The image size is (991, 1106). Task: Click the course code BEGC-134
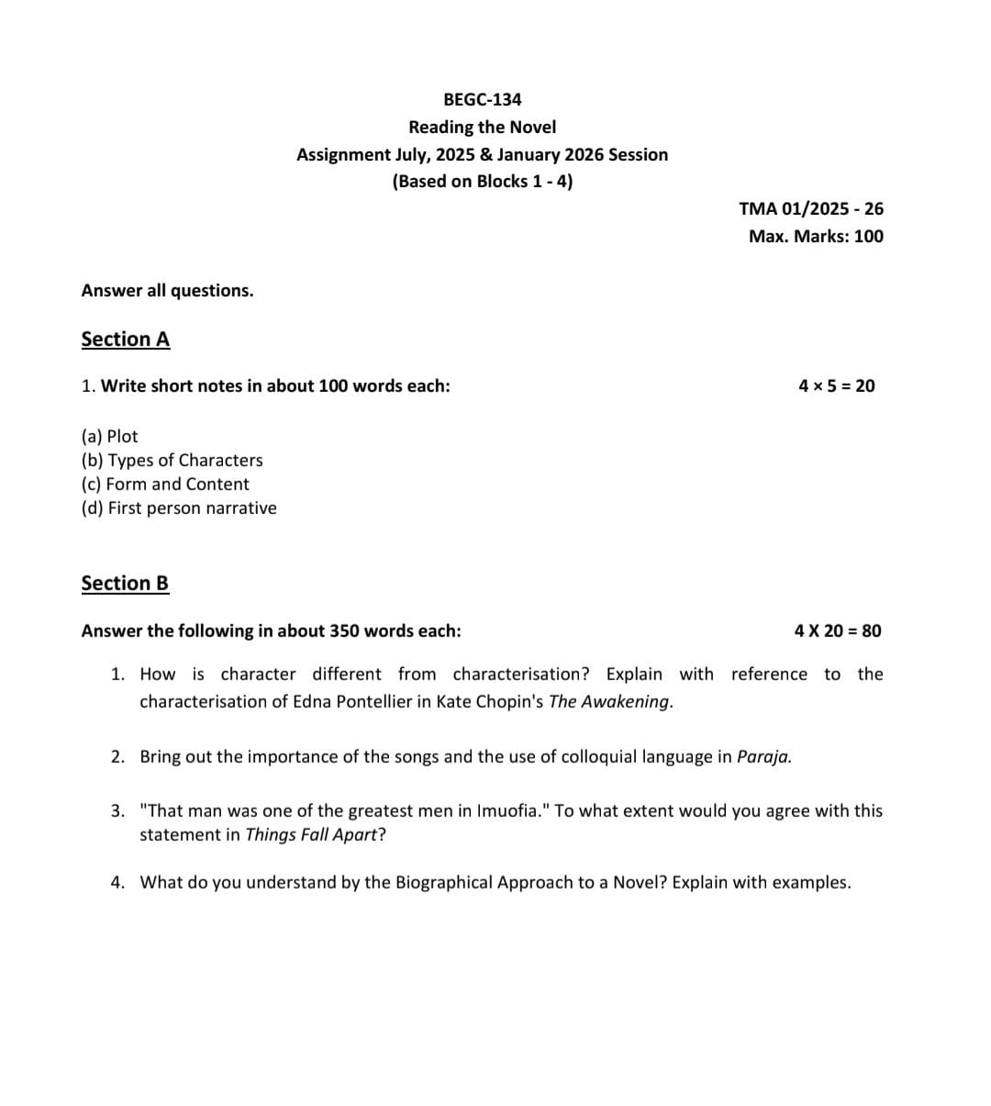[482, 99]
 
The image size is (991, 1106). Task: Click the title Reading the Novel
[482, 127]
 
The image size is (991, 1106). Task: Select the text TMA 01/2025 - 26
[811, 208]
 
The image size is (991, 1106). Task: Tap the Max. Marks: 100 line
[816, 236]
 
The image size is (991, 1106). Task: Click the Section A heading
[126, 339]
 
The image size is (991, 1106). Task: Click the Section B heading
[125, 583]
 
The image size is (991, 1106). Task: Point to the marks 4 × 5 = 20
[837, 385]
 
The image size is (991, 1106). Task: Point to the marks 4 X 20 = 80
[838, 631]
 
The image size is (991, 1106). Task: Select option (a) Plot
[110, 436]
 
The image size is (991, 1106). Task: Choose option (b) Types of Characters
[173, 460]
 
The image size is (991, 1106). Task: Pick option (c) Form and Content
[165, 484]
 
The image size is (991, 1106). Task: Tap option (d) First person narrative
[179, 508]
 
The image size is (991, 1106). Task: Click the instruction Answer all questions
[168, 290]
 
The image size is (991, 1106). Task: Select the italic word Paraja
[763, 756]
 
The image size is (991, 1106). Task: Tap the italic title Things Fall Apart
[311, 834]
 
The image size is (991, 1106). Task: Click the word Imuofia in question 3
[508, 810]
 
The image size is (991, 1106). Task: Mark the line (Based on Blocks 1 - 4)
[482, 181]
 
